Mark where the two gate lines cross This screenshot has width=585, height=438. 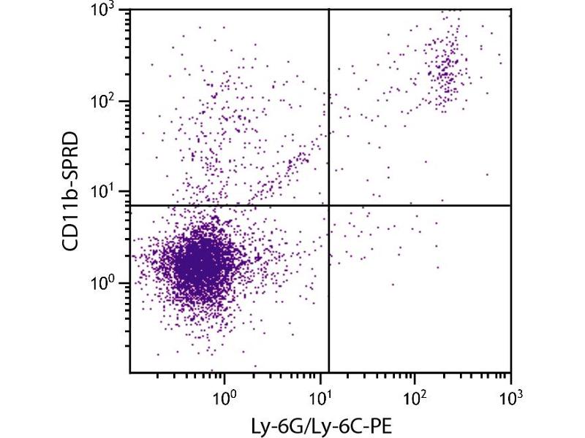click(329, 205)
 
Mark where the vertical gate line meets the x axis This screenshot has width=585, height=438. click(329, 373)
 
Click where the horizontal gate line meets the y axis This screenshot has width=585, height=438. click(130, 205)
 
